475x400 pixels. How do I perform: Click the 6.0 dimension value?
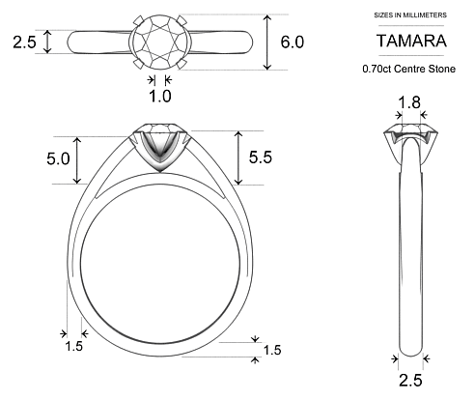[293, 43]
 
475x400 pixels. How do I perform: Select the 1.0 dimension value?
[160, 96]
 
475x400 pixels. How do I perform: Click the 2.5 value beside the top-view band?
[25, 43]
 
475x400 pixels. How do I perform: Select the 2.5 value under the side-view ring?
[410, 380]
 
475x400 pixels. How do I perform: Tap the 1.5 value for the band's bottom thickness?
[271, 349]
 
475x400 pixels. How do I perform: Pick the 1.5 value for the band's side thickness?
[73, 345]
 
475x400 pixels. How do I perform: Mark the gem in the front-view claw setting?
[160, 135]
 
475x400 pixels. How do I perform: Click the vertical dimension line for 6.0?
[269, 43]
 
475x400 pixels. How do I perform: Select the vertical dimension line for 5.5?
[237, 157]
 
